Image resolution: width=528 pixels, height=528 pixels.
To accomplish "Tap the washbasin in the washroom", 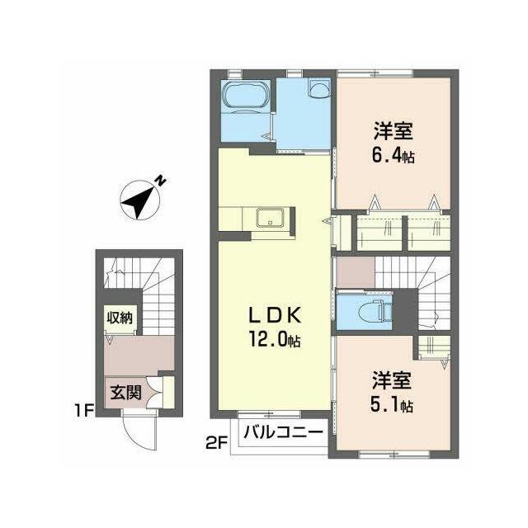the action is click(319, 89).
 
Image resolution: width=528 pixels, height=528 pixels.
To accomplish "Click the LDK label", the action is click(274, 316).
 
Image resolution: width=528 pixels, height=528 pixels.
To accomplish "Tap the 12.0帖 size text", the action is click(275, 339).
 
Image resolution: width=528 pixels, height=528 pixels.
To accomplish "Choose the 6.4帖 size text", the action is click(393, 156).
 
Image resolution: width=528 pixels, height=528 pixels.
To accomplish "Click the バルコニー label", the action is click(283, 431).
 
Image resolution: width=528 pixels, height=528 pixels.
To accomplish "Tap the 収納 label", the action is click(120, 318).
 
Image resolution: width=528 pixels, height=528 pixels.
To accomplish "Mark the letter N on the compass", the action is click(161, 181).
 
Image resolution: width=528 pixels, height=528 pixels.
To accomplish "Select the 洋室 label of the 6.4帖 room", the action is click(393, 131).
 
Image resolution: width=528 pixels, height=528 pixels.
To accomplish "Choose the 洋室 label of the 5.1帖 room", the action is click(392, 380).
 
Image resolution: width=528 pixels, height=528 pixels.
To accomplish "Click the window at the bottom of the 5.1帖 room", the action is click(394, 455).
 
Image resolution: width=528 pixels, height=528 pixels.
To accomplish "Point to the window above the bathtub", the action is click(234, 73).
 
